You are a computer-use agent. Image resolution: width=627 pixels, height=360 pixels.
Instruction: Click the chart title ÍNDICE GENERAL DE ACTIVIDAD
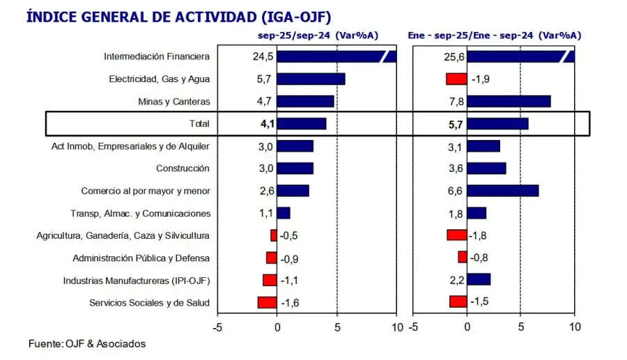pyautogui.click(x=178, y=16)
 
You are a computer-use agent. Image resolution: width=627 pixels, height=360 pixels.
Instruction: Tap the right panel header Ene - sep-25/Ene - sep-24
pyautogui.click(x=495, y=35)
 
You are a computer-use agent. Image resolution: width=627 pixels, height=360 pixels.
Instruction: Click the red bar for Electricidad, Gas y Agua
pyautogui.click(x=456, y=79)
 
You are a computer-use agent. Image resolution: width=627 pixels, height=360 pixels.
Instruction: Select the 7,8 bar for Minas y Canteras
pyautogui.click(x=509, y=102)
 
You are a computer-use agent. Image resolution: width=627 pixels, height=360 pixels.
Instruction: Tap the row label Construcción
pyautogui.click(x=183, y=169)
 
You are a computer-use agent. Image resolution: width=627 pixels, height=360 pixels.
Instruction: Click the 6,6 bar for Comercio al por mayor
pyautogui.click(x=502, y=191)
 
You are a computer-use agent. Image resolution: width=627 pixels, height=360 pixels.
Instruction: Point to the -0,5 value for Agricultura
pyautogui.click(x=289, y=235)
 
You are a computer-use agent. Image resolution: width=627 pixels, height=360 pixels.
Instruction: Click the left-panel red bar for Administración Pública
pyautogui.click(x=271, y=258)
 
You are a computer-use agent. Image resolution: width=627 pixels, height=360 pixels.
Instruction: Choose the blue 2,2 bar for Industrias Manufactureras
pyautogui.click(x=479, y=280)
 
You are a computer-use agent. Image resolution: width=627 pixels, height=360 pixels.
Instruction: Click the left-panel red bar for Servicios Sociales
pyautogui.click(x=267, y=302)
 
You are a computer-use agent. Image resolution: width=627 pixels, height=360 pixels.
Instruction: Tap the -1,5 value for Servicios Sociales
pyautogui.click(x=480, y=302)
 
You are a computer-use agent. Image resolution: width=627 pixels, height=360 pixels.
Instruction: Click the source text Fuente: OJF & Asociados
pyautogui.click(x=87, y=343)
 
